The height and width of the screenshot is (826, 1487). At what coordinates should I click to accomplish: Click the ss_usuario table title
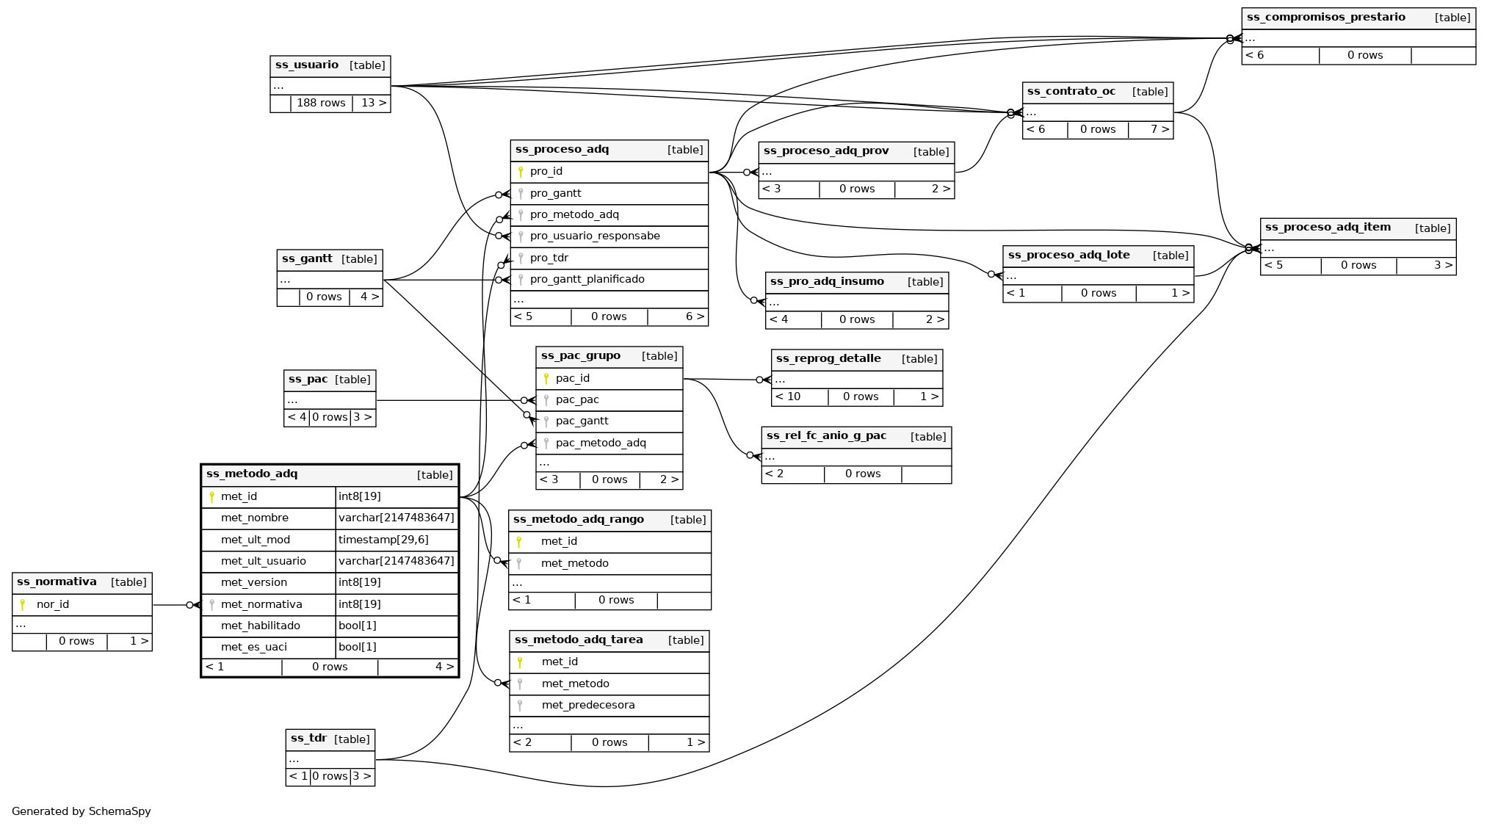pos(307,65)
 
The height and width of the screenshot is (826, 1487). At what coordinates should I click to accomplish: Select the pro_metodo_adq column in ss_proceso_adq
pos(574,215)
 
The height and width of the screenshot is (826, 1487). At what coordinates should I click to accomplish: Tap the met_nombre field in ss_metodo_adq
pos(255,518)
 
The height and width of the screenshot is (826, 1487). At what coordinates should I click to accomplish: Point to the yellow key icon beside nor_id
pos(23,605)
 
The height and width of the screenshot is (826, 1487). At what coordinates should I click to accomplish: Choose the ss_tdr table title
pos(308,739)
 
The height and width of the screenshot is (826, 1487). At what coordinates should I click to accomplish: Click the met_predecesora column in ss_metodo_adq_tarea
pos(588,706)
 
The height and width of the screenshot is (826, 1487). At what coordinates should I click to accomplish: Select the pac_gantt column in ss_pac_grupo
pos(582,421)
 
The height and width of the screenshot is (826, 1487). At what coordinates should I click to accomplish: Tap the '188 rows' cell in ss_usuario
pos(321,104)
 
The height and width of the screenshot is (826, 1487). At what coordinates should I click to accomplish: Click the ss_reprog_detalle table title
pos(828,359)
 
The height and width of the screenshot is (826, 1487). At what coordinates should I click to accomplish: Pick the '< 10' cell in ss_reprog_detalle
pos(788,397)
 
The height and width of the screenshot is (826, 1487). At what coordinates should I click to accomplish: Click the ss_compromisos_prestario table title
pos(1325,18)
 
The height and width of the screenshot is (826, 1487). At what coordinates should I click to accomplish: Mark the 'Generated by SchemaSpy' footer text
pos(82,811)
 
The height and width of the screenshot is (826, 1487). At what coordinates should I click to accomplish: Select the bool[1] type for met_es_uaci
pos(358,648)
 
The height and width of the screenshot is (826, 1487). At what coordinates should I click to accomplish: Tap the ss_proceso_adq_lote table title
pos(1068,256)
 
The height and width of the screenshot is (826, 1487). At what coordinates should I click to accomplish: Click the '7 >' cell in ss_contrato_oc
pos(1159,130)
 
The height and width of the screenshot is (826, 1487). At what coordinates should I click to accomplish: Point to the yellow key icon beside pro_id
pos(521,172)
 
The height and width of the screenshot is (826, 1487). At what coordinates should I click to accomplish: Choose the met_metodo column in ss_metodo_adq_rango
pos(575,564)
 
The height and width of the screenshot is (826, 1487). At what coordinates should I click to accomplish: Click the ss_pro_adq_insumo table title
pos(827,282)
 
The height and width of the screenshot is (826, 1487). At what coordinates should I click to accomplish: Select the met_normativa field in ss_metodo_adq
pos(261,605)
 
